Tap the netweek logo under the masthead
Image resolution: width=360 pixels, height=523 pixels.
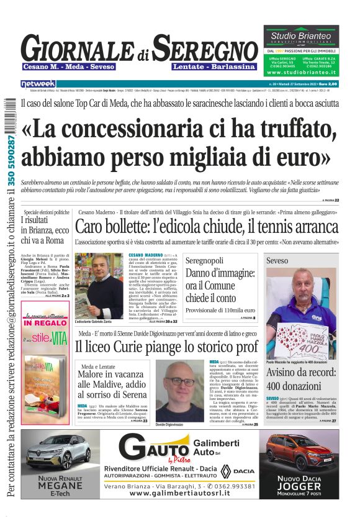pyautogui.click(x=38, y=84)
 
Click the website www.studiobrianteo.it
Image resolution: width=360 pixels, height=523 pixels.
pyautogui.click(x=301, y=72)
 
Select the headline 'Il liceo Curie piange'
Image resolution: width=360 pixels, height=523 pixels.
pyautogui.click(x=166, y=348)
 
